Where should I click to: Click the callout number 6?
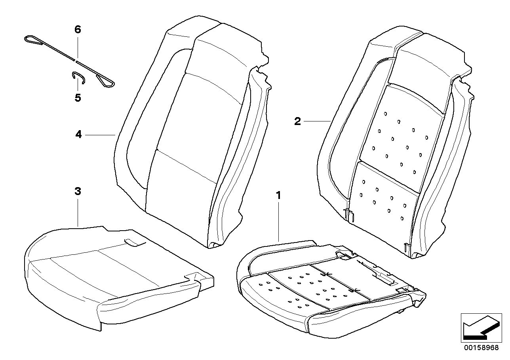pos(78,29)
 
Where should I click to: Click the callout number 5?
pos(78,98)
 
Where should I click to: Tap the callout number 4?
pos(78,135)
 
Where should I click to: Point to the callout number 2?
pos(297,121)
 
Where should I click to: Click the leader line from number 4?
pos(100,135)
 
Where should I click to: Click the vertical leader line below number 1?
pos(279,222)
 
